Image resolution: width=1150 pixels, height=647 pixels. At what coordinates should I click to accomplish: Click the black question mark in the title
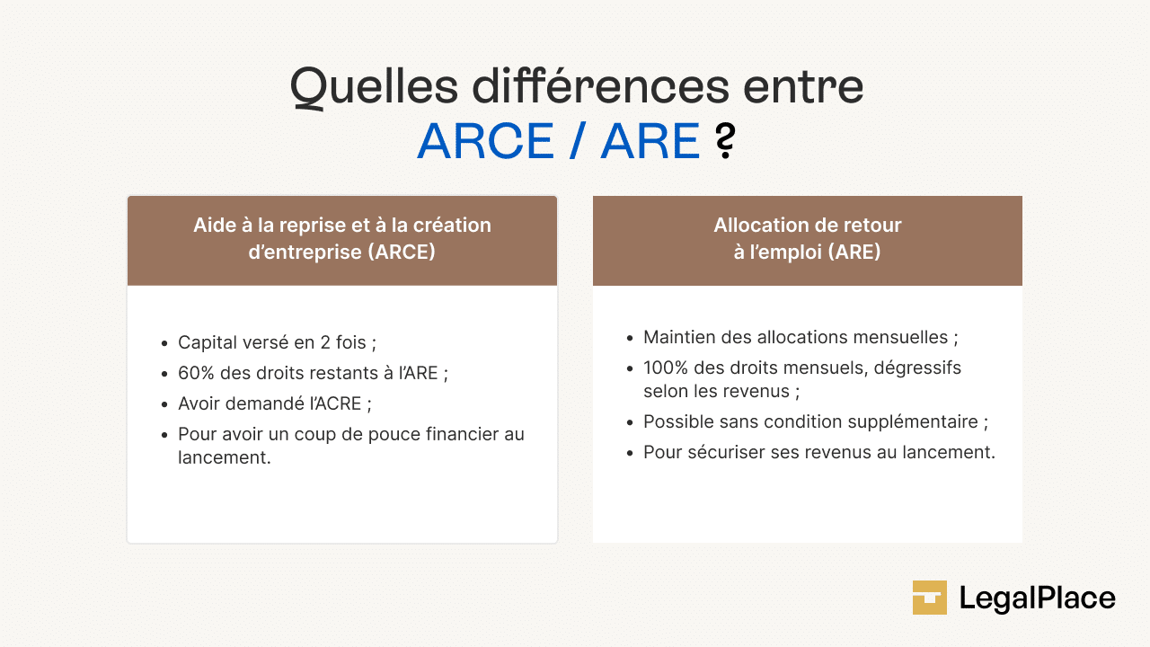coord(725,141)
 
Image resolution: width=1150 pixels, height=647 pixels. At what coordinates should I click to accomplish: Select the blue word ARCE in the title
coord(485,141)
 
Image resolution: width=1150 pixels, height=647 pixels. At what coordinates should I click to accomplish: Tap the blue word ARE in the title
coord(650,141)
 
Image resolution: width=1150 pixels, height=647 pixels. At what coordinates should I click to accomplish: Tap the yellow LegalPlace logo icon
coord(930,598)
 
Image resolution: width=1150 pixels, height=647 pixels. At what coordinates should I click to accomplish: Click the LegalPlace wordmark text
coord(1037,598)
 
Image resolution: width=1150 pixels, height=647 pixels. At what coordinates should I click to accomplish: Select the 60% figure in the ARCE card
coord(197,373)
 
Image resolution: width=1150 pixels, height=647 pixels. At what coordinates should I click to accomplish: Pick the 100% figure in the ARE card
coord(666,368)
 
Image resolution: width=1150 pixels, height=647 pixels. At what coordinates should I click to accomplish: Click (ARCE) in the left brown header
coord(401,252)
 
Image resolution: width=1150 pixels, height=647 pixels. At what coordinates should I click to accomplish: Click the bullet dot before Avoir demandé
coord(164,404)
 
